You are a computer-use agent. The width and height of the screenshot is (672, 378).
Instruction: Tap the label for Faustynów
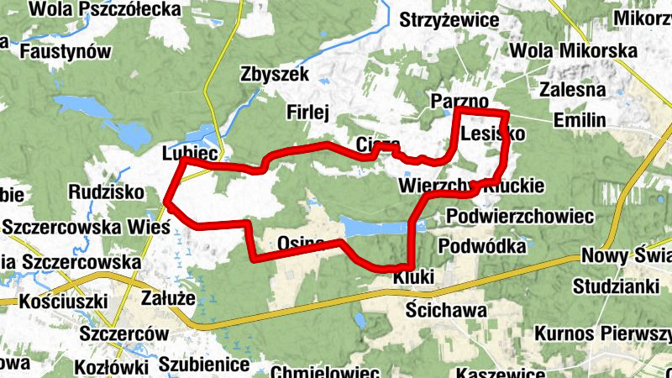66,51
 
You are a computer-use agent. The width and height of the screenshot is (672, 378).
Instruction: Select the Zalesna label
574,90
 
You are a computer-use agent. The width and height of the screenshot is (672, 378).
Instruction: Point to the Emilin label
580,121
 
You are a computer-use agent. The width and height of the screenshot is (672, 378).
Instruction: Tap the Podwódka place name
482,246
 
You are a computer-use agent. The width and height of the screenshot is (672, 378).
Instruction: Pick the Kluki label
412,276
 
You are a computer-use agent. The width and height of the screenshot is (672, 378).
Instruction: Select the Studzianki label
617,286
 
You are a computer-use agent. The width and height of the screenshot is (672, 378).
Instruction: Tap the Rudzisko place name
107,192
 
